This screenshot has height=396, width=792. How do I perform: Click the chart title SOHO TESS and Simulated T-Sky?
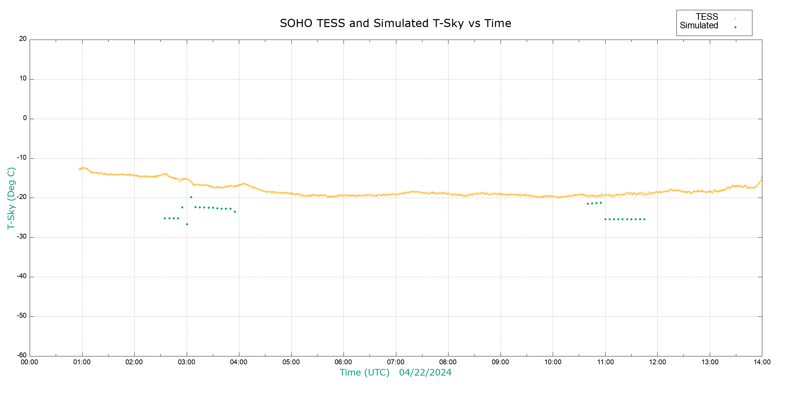click(395, 23)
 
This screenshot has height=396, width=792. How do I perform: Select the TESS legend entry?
click(707, 17)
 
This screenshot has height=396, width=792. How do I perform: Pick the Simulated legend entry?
click(699, 26)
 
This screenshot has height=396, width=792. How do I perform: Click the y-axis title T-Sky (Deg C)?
click(11, 198)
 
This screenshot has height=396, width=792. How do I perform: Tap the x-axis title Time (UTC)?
click(364, 373)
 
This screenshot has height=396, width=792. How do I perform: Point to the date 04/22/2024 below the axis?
click(425, 373)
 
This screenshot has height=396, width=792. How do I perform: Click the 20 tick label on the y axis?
click(23, 39)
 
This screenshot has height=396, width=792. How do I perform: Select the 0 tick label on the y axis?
click(25, 118)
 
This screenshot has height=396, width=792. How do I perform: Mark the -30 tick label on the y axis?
click(22, 237)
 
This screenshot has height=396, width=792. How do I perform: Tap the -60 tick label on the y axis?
click(22, 355)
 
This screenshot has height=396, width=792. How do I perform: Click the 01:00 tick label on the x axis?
click(82, 362)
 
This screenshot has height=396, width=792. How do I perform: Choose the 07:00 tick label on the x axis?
click(396, 362)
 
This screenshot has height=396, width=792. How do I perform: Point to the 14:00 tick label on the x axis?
click(762, 362)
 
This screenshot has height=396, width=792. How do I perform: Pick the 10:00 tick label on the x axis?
click(553, 362)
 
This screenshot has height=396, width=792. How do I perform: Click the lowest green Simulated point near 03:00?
click(187, 224)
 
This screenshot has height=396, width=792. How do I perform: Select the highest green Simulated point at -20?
click(191, 197)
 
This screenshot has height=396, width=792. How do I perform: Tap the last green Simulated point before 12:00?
click(644, 219)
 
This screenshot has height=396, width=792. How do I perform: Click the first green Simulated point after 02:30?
click(165, 218)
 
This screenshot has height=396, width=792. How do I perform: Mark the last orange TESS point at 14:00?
click(762, 178)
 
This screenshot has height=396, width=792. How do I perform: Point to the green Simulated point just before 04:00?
click(235, 212)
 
